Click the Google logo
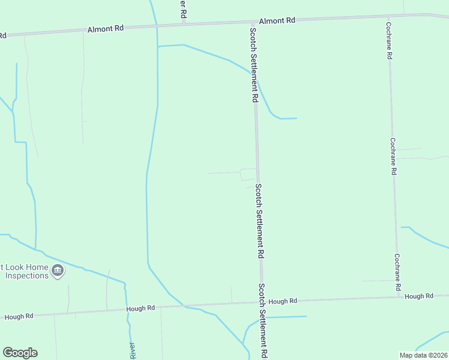tap(20, 353)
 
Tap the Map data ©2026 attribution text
tap(424, 355)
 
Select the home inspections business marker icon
tap(58, 271)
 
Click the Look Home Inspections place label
tap(26, 271)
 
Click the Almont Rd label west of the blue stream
tap(105, 28)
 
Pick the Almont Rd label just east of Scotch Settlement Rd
tap(277, 20)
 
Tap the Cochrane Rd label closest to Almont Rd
tap(389, 41)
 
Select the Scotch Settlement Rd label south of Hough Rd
tap(262, 321)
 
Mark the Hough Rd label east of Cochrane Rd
tap(419, 296)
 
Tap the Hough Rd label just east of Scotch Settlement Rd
tap(283, 301)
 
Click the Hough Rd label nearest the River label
tap(140, 308)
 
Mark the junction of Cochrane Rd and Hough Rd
tap(398, 296)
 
